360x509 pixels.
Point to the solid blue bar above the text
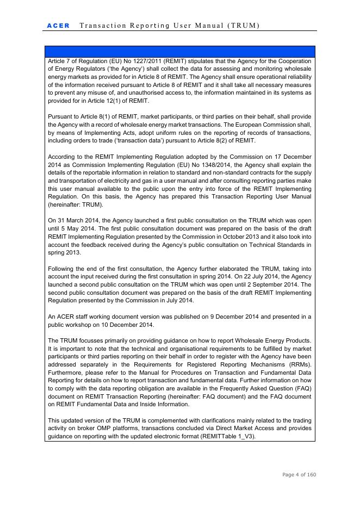(x=179, y=52)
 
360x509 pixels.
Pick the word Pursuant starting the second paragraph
(x=61, y=117)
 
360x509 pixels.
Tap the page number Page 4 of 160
(x=299, y=475)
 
